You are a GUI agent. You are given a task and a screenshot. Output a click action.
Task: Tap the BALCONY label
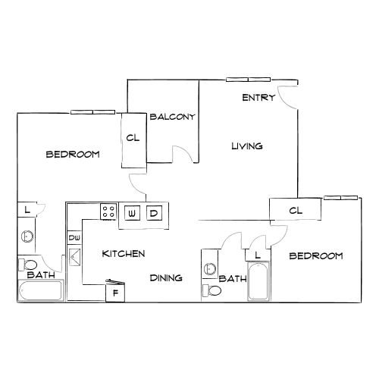(173, 117)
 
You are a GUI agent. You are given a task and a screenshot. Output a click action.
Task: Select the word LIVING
(247, 146)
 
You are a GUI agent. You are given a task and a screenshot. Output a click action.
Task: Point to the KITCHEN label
(124, 254)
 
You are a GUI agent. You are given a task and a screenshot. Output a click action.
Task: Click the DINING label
(165, 278)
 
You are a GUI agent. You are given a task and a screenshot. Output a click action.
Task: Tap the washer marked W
(132, 213)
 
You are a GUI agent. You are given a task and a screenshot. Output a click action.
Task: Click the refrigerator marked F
(115, 293)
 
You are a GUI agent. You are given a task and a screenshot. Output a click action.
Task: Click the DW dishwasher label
(74, 238)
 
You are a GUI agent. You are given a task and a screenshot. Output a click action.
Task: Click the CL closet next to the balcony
(133, 139)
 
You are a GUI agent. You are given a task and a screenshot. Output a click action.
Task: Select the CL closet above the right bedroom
(296, 210)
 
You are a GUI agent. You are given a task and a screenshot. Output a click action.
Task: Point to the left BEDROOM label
(73, 155)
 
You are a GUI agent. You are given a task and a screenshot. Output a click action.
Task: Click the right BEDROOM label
(316, 256)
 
